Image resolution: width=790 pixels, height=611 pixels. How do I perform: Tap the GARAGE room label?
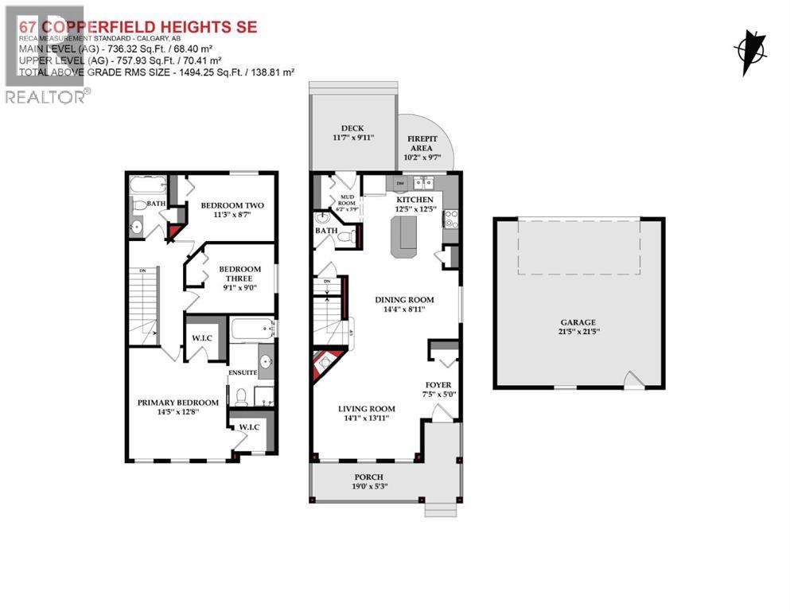(578, 323)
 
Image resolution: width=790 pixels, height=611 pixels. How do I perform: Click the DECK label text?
(352, 128)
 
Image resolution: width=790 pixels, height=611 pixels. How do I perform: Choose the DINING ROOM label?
(405, 300)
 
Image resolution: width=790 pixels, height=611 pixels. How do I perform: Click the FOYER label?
(438, 384)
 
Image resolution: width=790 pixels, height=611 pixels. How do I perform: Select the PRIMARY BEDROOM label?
(177, 403)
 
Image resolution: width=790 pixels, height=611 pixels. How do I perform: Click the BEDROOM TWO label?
(232, 205)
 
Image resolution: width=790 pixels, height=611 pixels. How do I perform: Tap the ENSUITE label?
(243, 372)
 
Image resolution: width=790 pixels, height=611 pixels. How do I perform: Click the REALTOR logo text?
(46, 96)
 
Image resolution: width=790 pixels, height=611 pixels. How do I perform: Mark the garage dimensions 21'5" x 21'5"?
(578, 333)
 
